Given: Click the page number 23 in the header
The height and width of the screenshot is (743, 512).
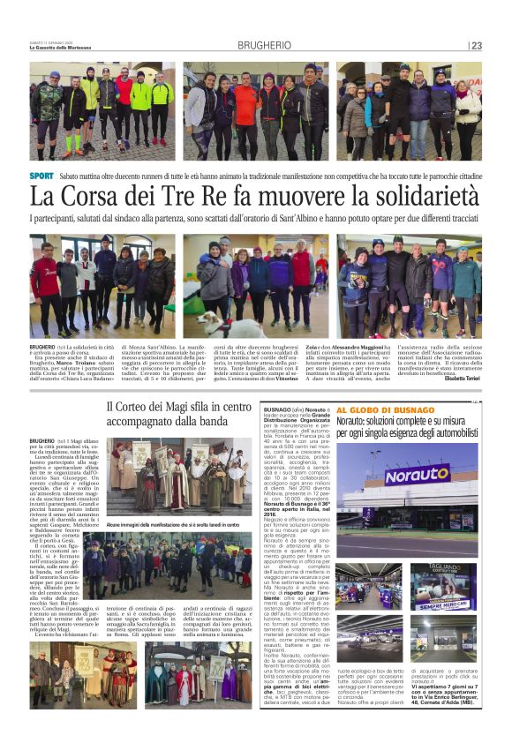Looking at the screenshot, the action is pyautogui.click(x=477, y=46).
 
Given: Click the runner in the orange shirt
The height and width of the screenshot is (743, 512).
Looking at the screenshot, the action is pyautogui.click(x=247, y=106).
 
